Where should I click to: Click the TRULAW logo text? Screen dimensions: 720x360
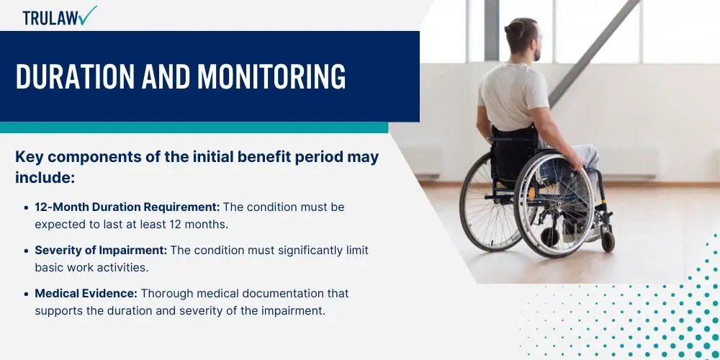point(50,17)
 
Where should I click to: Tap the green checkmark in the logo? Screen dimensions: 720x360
point(87,14)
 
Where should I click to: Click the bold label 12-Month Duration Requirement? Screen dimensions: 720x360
point(127,207)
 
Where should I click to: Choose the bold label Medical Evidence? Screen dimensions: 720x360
point(86,293)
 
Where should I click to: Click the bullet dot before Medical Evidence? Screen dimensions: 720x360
point(27,294)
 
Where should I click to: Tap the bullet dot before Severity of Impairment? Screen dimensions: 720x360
point(27,251)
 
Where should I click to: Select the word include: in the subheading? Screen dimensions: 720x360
point(45,177)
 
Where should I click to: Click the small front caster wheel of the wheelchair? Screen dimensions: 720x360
point(608,241)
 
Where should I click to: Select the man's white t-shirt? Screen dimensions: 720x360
point(513,96)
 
